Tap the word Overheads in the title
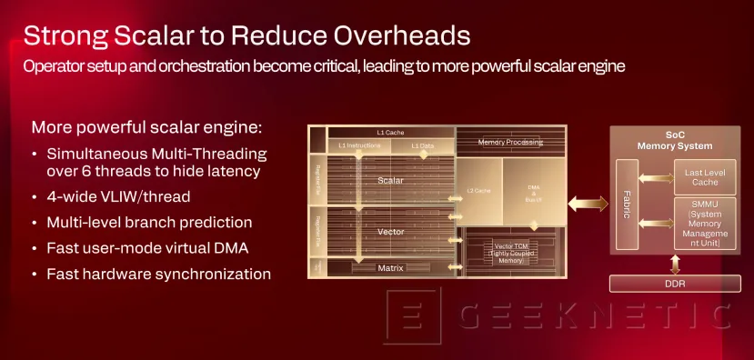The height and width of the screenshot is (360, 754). tap(391, 36)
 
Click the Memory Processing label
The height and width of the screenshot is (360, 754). tap(510, 142)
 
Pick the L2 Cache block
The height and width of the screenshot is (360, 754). tap(478, 191)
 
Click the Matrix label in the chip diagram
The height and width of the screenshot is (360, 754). tap(390, 267)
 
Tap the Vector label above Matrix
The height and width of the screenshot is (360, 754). tap(390, 232)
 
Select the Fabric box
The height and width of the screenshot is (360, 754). tap(628, 204)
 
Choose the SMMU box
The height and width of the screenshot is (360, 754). tap(698, 224)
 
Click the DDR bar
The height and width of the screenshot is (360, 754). tap(674, 285)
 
